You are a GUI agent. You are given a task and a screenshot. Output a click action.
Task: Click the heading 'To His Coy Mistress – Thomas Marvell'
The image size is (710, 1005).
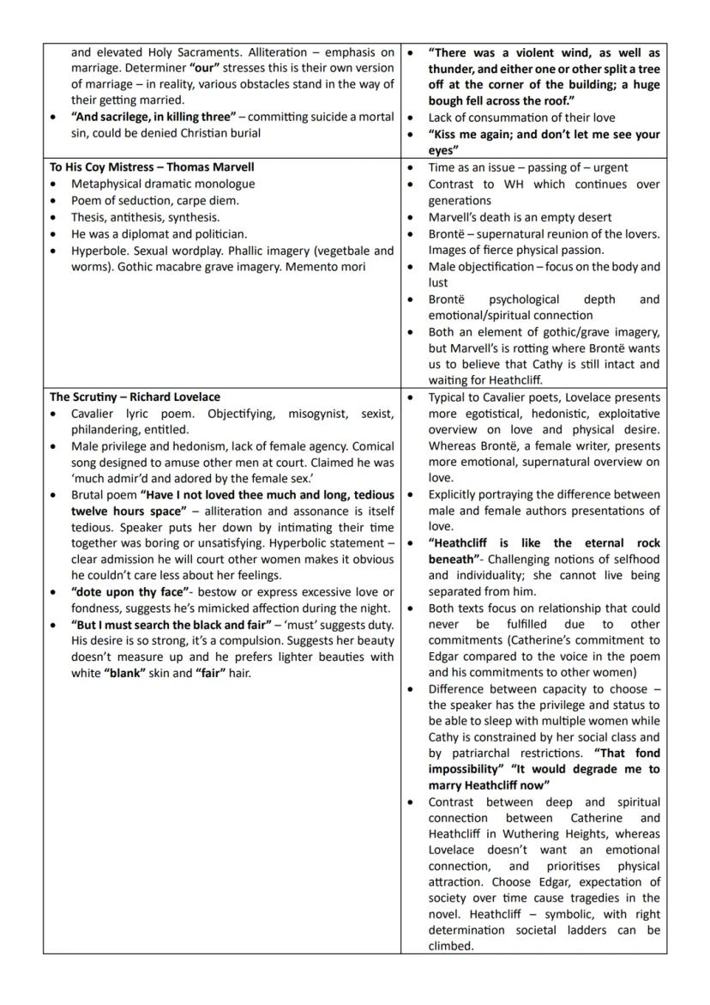tap(152, 167)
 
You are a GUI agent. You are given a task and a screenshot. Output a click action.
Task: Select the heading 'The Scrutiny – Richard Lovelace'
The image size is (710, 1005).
tap(135, 397)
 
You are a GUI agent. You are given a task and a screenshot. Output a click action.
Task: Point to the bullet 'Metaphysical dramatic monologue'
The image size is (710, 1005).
tap(163, 184)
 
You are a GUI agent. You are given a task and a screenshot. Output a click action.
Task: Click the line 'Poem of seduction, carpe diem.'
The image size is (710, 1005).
tap(155, 201)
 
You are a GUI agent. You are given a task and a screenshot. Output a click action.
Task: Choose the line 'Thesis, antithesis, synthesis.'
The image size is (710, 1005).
tap(145, 217)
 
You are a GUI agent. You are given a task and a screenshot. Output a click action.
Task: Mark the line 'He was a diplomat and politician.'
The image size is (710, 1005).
tap(159, 233)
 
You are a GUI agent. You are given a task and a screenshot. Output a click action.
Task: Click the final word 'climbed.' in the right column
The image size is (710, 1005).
tap(451, 946)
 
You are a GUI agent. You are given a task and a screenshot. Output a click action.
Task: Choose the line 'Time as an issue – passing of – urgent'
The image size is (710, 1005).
tap(527, 167)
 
